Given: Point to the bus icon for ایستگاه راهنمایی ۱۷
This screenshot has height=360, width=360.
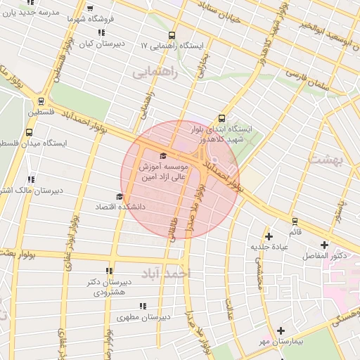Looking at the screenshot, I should [172, 35].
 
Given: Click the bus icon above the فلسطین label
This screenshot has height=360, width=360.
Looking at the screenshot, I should [41, 101].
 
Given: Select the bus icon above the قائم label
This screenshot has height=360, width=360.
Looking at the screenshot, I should [294, 221].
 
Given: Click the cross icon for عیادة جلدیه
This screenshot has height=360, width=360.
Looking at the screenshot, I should [268, 236].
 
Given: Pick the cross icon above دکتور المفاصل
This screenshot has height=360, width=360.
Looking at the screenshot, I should [323, 245].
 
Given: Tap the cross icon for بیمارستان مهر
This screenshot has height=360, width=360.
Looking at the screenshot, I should [281, 330].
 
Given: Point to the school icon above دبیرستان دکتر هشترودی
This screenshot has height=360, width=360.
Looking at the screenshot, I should [109, 271].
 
